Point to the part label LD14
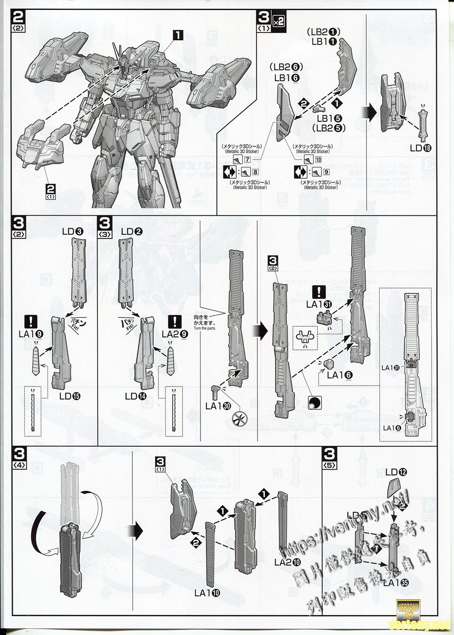[136, 396]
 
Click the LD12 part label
[396, 472]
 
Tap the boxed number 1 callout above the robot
[178, 35]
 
